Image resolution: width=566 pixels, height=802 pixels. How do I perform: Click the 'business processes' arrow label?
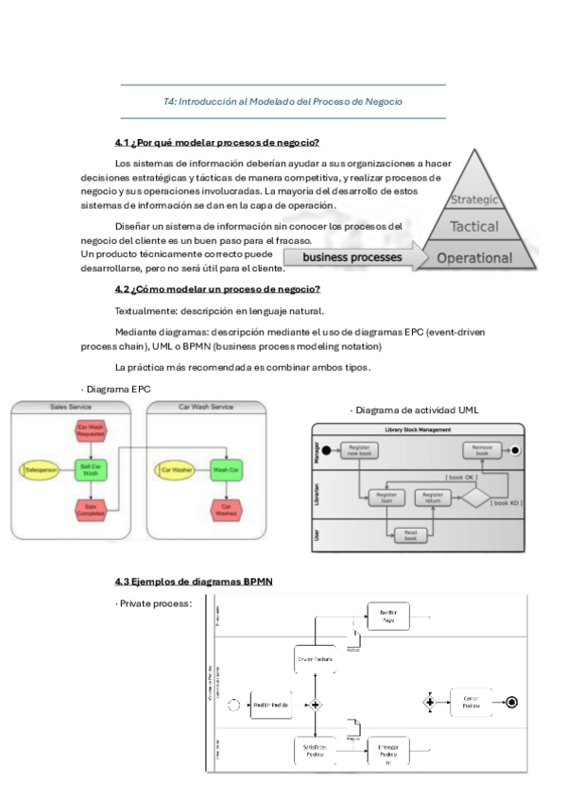tap(352, 256)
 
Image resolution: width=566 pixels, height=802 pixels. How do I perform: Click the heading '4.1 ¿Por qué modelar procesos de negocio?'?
tap(216, 143)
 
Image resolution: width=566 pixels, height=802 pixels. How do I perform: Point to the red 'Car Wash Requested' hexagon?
tap(88, 431)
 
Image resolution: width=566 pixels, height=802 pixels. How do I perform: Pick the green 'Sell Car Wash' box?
tap(89, 469)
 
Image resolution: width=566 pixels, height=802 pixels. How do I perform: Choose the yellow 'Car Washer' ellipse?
tap(177, 469)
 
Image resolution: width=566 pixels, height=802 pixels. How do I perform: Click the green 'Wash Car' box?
tap(225, 469)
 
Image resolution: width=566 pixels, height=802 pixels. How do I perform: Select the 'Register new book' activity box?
tap(359, 450)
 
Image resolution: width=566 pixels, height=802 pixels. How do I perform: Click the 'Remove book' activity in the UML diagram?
tap(482, 450)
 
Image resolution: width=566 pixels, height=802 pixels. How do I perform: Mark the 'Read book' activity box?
tap(410, 533)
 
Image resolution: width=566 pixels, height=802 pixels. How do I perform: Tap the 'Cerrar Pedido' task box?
tap(471, 702)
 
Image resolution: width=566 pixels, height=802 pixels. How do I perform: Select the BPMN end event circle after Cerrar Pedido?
tap(512, 702)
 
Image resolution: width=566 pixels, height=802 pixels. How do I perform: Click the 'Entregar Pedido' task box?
tap(387, 751)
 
